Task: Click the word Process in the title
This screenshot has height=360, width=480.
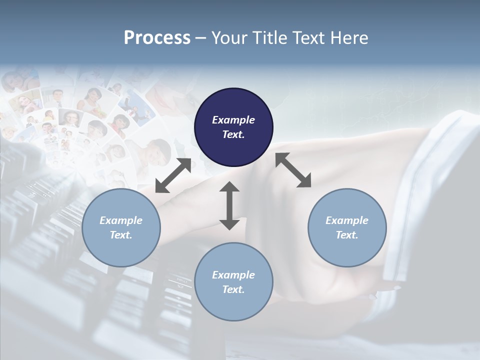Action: click(x=157, y=38)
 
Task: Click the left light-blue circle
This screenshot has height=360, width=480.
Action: click(x=121, y=227)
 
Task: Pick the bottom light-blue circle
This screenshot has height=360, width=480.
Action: click(x=233, y=281)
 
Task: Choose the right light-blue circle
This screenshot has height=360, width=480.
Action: click(x=346, y=227)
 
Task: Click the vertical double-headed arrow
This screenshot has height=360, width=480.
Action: click(x=229, y=205)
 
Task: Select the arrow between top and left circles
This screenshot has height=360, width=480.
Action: click(x=173, y=175)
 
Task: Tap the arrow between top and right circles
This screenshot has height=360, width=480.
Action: click(x=293, y=170)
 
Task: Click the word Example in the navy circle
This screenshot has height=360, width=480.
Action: click(x=233, y=120)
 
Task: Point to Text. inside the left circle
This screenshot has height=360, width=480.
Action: click(x=121, y=235)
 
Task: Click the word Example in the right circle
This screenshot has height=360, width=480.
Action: click(x=346, y=220)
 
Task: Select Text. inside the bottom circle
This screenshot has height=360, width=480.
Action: click(x=233, y=289)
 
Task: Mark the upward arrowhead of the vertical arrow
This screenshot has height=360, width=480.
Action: click(x=229, y=187)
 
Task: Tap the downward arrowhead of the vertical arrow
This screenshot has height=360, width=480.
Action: click(x=229, y=223)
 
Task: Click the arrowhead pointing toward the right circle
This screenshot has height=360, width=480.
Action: click(x=305, y=182)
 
